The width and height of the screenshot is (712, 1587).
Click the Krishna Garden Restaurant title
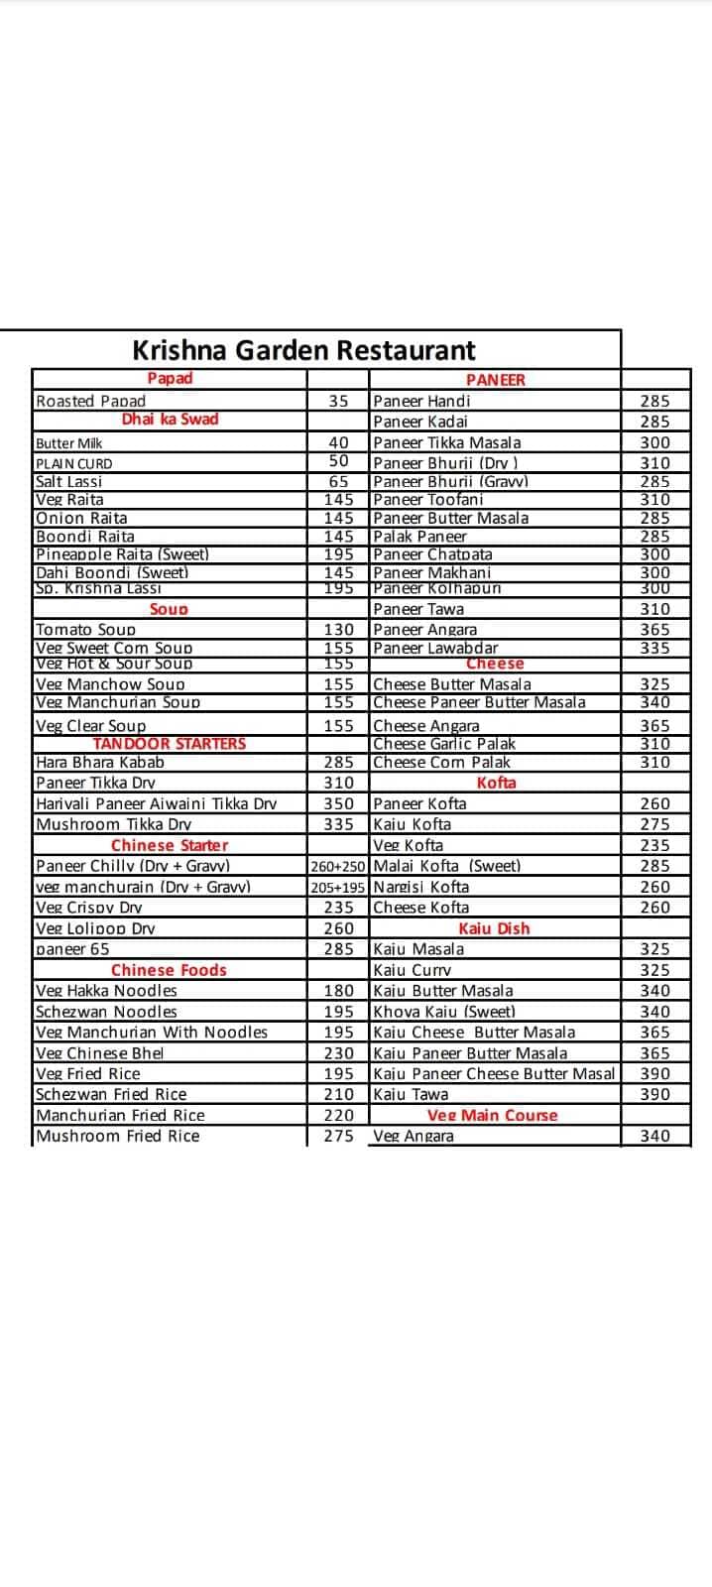(303, 350)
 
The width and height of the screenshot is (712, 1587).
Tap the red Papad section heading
(170, 378)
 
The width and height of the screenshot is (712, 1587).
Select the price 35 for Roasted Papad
(338, 401)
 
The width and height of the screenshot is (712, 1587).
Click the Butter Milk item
(69, 443)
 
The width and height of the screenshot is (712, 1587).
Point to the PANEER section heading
(495, 379)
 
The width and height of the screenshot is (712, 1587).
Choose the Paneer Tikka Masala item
(446, 442)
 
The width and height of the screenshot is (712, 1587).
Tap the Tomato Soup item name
(85, 629)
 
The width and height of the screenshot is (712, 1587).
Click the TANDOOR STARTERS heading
(169, 743)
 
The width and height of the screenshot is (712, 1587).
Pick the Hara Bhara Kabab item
(100, 762)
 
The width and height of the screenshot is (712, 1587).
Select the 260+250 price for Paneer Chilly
(338, 866)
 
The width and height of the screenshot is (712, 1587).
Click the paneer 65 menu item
(72, 949)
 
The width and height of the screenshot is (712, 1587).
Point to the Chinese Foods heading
(169, 970)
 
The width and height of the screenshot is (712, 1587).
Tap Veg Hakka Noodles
(106, 990)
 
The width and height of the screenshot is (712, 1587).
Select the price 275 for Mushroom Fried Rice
(338, 1136)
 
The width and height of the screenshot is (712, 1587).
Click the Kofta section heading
(496, 783)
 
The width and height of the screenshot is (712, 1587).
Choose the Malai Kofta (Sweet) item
(446, 866)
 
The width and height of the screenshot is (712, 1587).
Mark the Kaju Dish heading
(494, 928)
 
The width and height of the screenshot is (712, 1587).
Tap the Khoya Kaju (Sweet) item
(443, 1012)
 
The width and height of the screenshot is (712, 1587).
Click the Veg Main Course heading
(492, 1115)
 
